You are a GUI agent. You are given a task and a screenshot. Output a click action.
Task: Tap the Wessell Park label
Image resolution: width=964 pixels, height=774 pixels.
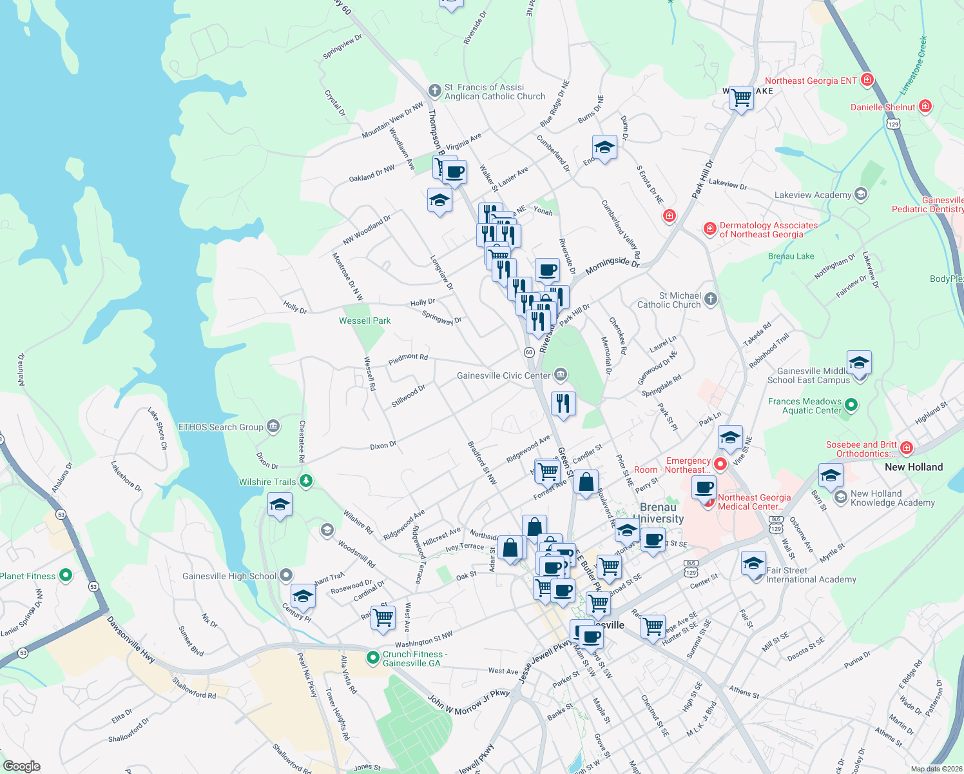point(365,321)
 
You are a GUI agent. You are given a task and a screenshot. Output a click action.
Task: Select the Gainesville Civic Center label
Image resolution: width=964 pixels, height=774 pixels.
point(503,375)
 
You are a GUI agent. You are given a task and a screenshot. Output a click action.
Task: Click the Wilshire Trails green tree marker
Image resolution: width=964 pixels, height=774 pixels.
point(307,481)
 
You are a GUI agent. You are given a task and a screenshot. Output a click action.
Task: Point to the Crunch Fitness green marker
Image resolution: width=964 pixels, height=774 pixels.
point(372,658)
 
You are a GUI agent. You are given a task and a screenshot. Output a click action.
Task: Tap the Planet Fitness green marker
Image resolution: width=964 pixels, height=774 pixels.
point(65,575)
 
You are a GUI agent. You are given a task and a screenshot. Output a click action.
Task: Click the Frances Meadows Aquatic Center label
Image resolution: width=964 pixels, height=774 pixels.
point(805,406)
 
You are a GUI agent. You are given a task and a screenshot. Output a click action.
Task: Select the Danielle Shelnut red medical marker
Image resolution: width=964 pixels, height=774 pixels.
point(925,106)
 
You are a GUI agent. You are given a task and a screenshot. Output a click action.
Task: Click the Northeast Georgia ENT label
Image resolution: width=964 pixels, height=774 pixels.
point(811,81)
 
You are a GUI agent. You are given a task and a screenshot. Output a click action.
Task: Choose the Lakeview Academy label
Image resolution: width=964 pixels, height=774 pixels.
point(813,195)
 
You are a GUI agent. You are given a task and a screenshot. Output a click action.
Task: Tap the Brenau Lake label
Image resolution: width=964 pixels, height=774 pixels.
point(791,256)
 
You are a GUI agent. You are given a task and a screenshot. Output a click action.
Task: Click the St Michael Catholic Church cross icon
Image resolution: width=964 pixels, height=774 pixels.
point(710,299)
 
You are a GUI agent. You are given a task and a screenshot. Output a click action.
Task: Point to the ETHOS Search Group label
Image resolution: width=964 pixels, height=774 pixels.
point(220,427)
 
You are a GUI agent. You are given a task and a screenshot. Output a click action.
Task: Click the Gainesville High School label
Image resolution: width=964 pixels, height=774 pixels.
point(229,576)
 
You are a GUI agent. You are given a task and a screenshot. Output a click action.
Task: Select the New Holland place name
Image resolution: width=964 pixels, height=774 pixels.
point(913,467)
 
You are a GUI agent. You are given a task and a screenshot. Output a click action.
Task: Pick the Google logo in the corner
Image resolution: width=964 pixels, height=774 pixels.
point(21,766)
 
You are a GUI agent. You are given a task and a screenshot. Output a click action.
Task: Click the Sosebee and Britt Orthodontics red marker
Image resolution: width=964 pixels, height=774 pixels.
point(907,448)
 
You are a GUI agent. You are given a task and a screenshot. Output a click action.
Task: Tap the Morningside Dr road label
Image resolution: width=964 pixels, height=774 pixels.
point(612,264)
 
